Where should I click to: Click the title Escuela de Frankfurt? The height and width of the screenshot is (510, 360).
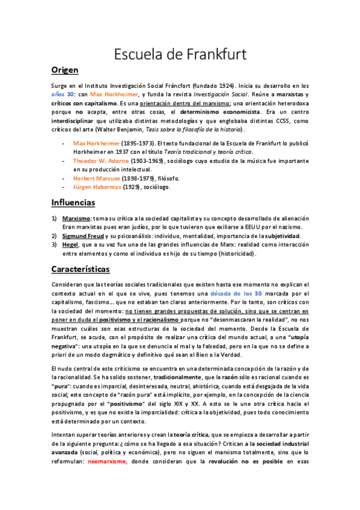click(180, 55)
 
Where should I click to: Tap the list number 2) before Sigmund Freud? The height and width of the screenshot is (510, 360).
click(54, 236)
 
